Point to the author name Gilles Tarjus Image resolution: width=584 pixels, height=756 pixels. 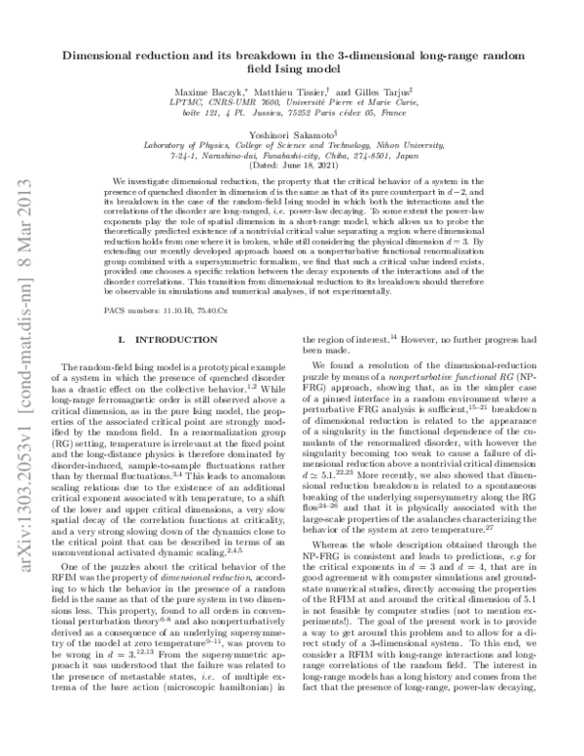coord(401,90)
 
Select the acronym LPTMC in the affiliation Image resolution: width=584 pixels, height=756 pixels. coord(189,100)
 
